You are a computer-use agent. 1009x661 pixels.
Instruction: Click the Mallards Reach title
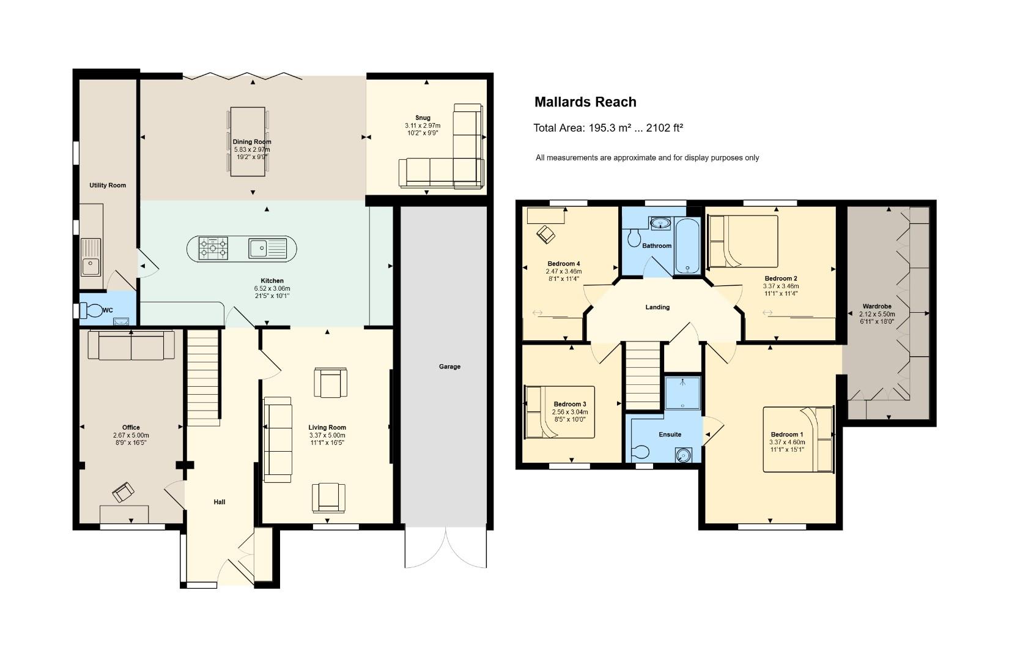(x=585, y=102)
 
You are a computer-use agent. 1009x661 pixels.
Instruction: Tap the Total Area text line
(x=608, y=128)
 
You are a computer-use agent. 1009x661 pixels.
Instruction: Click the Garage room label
(x=449, y=367)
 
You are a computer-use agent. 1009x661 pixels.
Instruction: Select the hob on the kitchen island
(x=213, y=248)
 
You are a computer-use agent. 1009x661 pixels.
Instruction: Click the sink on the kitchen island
(x=268, y=248)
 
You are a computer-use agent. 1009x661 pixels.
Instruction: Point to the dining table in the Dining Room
(x=248, y=141)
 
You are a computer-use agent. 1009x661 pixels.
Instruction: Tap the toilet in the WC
(x=92, y=310)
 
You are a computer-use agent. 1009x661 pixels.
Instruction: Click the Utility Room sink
(x=91, y=257)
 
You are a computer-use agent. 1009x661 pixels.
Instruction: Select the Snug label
(x=423, y=118)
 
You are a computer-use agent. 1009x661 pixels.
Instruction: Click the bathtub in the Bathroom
(x=687, y=246)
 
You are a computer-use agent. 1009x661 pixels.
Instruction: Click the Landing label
(x=657, y=307)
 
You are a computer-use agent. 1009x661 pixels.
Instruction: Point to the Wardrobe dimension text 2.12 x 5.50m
(x=876, y=314)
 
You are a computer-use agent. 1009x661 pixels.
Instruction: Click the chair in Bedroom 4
(x=545, y=234)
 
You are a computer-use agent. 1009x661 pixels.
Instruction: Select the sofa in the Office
(x=131, y=345)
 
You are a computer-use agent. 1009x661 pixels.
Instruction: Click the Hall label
(x=220, y=502)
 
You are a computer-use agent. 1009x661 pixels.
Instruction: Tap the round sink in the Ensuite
(x=683, y=455)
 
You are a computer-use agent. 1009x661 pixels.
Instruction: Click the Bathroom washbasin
(x=660, y=223)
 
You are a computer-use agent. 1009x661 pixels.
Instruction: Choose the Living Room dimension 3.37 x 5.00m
(x=327, y=435)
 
